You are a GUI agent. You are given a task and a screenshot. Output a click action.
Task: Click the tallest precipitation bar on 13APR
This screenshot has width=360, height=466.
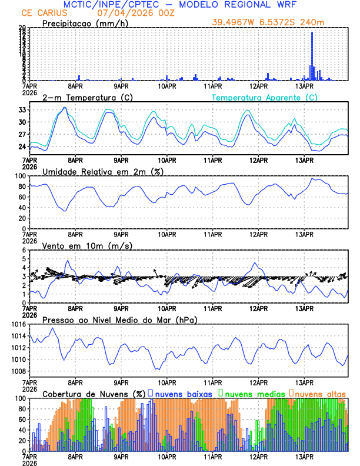pyautogui.click(x=312, y=56)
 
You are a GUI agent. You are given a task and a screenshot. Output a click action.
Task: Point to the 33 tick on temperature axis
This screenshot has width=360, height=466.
pyautogui.click(x=22, y=110)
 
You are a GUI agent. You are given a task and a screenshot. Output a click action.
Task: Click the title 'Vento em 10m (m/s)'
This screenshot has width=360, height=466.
pyautogui.click(x=87, y=245)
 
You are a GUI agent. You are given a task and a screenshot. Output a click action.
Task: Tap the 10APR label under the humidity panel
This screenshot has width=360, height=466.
pyautogui.click(x=167, y=234)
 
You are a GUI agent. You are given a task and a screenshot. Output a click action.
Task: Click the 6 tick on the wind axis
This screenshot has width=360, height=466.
pyautogui.click(x=24, y=250)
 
